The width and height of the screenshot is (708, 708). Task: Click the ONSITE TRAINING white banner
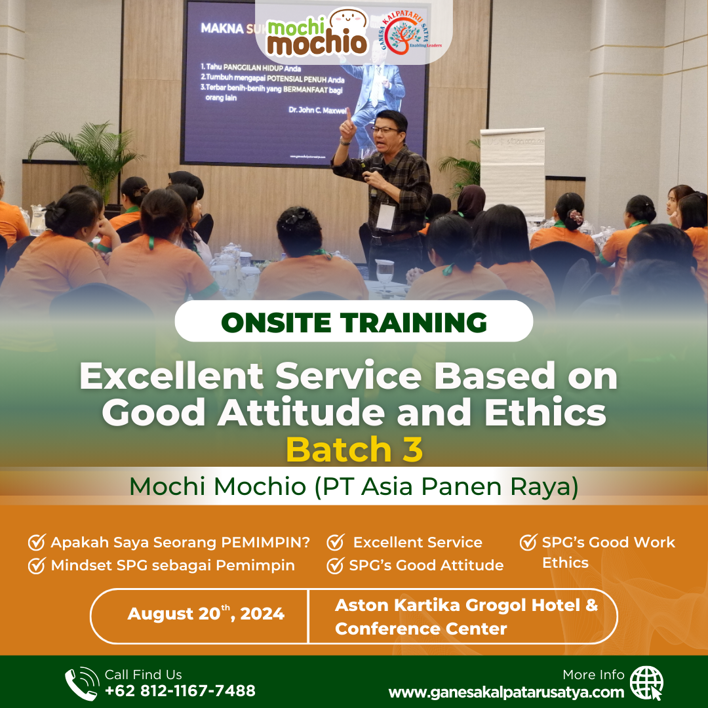[354, 322]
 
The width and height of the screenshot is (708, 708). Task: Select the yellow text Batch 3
[354, 450]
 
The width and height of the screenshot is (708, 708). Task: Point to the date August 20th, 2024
[206, 614]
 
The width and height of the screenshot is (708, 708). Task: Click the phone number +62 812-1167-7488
[180, 690]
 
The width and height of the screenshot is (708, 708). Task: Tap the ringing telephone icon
[81, 683]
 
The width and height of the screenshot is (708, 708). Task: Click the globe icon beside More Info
[646, 683]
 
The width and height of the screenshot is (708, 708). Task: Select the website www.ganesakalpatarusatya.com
[506, 692]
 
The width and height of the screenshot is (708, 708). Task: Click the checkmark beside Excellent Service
[336, 543]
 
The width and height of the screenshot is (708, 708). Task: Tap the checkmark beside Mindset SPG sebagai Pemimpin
[36, 566]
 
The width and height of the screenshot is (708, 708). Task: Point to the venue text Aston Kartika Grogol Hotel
[466, 605]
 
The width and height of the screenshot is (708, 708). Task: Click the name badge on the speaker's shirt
[385, 217]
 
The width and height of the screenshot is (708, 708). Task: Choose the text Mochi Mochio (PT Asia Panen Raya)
[354, 486]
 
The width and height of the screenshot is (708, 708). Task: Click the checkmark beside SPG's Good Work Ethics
[528, 542]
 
